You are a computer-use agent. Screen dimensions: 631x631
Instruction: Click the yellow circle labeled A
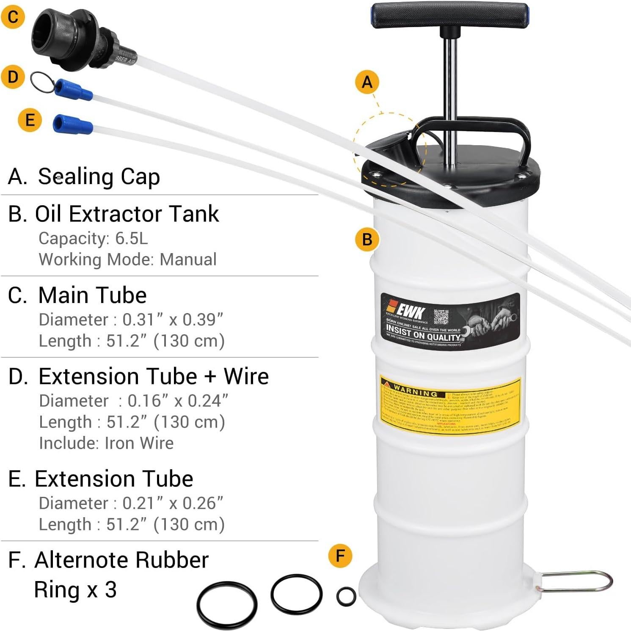pos(367,82)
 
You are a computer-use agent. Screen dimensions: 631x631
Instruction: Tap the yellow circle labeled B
pos(367,240)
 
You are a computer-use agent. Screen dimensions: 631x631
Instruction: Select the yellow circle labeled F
pos(340,556)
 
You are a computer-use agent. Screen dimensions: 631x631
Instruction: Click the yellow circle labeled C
pos(13,17)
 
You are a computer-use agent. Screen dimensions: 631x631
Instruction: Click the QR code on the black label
pos(441,317)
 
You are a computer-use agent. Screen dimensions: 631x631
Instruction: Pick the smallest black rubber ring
pos(346,596)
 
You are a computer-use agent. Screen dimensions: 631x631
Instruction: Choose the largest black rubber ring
pos(227,604)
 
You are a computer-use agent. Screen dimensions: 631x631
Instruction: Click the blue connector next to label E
pos(72,124)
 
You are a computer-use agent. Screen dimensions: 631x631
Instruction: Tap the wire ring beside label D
pos(42,82)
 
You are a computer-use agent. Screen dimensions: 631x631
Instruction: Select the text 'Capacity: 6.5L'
pos(93,239)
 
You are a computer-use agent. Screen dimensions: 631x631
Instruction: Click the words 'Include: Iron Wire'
pos(106,443)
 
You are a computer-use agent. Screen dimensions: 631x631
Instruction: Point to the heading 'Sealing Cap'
pos(99,176)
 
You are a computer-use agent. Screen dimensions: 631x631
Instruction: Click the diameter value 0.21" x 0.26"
pos(173,503)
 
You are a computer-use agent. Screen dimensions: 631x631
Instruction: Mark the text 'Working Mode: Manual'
pos(127,259)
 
